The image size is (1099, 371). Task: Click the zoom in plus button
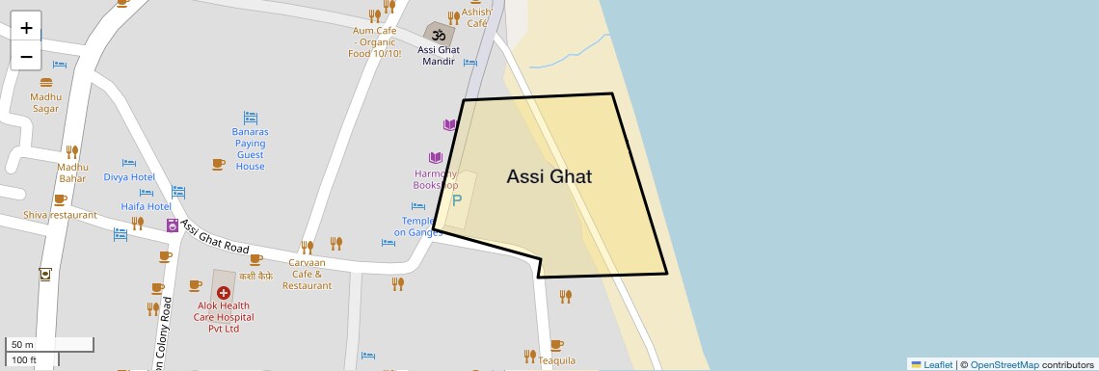pyautogui.click(x=26, y=28)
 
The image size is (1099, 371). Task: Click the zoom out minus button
pyautogui.click(x=26, y=56)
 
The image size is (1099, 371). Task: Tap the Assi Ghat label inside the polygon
pyautogui.click(x=549, y=177)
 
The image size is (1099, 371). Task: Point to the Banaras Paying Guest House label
pyautogui.click(x=250, y=149)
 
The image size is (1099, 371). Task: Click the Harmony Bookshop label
pyautogui.click(x=436, y=179)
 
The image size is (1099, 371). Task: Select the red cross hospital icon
pyautogui.click(x=224, y=291)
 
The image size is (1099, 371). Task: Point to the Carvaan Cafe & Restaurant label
pyautogui.click(x=308, y=274)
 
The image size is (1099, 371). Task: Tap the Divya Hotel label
pyautogui.click(x=129, y=177)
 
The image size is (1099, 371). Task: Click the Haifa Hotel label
pyautogui.click(x=146, y=206)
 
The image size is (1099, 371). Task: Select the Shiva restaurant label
pyautogui.click(x=60, y=215)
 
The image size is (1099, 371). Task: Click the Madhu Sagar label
pyautogui.click(x=45, y=102)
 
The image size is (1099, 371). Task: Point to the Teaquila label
pyautogui.click(x=556, y=360)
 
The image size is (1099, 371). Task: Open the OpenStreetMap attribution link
pyautogui.click(x=1004, y=364)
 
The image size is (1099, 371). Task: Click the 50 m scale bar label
pyautogui.click(x=22, y=344)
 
